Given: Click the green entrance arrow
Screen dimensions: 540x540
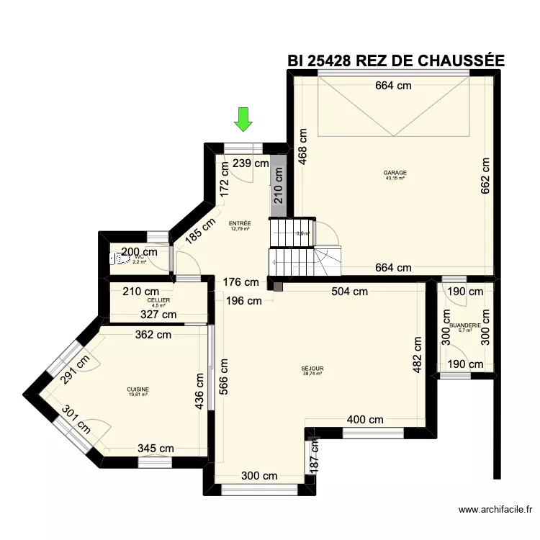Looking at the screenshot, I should pyautogui.click(x=243, y=120).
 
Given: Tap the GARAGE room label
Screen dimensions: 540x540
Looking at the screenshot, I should pyautogui.click(x=395, y=173).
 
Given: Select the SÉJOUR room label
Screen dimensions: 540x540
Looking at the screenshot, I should pyautogui.click(x=312, y=368).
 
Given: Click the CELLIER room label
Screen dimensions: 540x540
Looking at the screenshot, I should pyautogui.click(x=158, y=300).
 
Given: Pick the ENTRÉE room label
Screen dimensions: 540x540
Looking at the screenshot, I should pyautogui.click(x=240, y=223).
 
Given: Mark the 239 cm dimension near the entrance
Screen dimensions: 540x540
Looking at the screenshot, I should pyautogui.click(x=252, y=163).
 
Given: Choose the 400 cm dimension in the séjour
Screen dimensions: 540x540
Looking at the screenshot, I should pyautogui.click(x=365, y=419).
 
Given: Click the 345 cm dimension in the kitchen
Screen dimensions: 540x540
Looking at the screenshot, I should pyautogui.click(x=156, y=448).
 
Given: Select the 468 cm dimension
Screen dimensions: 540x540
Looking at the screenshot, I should pyautogui.click(x=303, y=146).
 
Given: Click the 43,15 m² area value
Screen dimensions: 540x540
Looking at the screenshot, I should pyautogui.click(x=395, y=178).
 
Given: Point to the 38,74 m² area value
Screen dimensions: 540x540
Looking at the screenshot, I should pyautogui.click(x=312, y=373).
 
